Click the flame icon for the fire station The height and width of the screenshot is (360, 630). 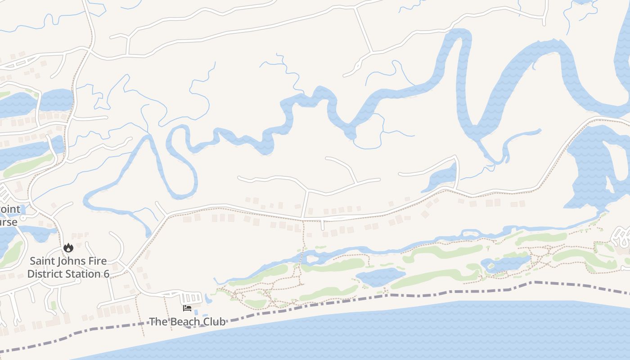point(68,247)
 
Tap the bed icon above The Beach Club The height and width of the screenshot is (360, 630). point(187,308)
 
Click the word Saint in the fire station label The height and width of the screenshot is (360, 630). point(42,261)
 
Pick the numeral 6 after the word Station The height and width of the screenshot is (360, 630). point(106,274)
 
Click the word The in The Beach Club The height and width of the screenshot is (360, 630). point(158,322)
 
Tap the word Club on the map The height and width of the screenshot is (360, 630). point(215,322)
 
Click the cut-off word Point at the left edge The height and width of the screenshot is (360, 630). point(10,209)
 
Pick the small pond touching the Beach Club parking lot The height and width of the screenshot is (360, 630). point(208,298)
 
